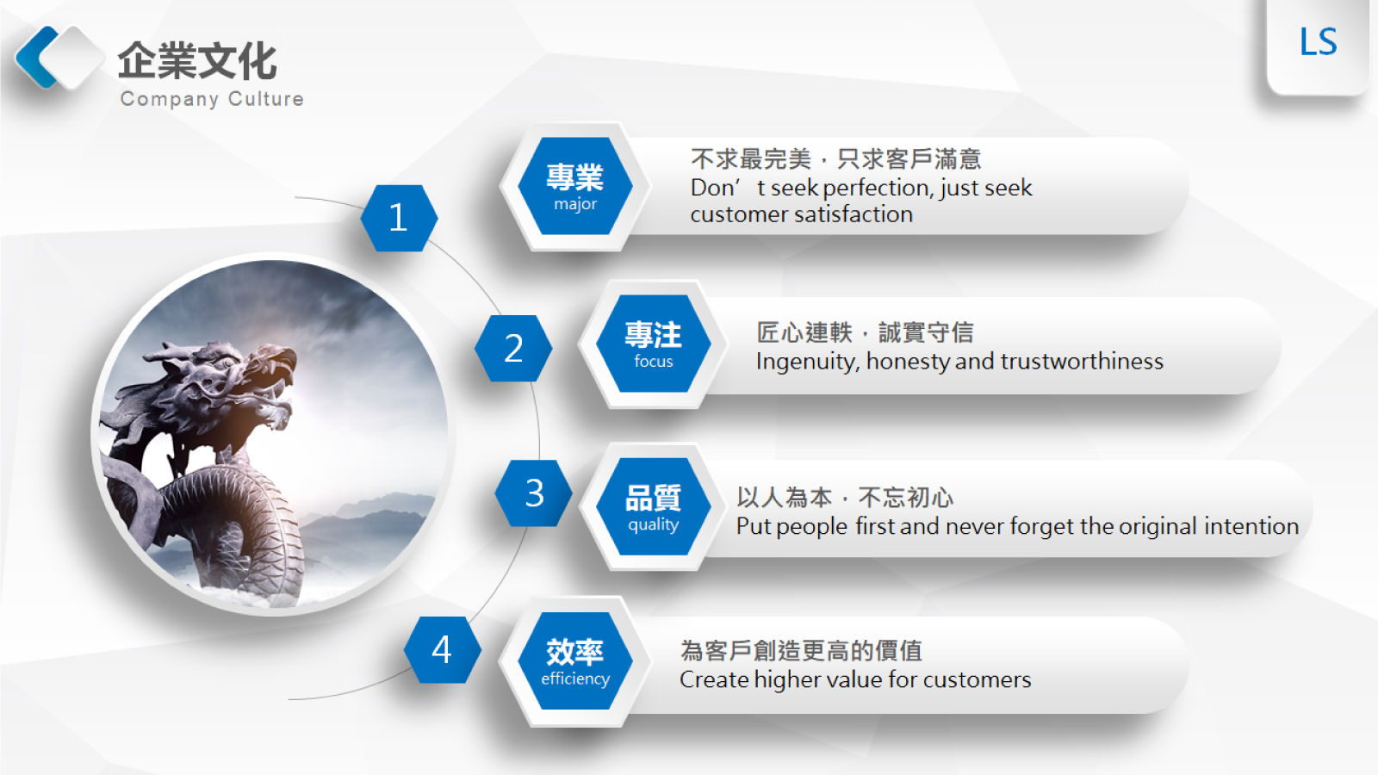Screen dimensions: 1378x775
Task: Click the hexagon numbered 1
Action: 399,218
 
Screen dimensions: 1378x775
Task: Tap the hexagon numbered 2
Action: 513,348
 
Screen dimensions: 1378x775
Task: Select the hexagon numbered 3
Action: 533,493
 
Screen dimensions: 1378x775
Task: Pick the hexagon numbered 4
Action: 442,649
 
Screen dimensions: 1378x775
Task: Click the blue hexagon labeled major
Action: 575,186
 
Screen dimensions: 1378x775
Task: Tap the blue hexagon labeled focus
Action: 654,344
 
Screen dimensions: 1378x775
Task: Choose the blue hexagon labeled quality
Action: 654,506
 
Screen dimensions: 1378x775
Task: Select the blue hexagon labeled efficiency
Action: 575,660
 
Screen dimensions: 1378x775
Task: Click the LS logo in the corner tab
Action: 1319,42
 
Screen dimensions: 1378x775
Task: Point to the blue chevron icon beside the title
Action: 37,57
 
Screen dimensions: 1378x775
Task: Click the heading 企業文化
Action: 197,61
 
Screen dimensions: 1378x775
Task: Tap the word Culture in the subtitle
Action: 266,98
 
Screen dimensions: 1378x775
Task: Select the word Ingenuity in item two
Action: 806,362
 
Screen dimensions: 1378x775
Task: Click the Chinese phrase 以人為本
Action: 785,498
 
